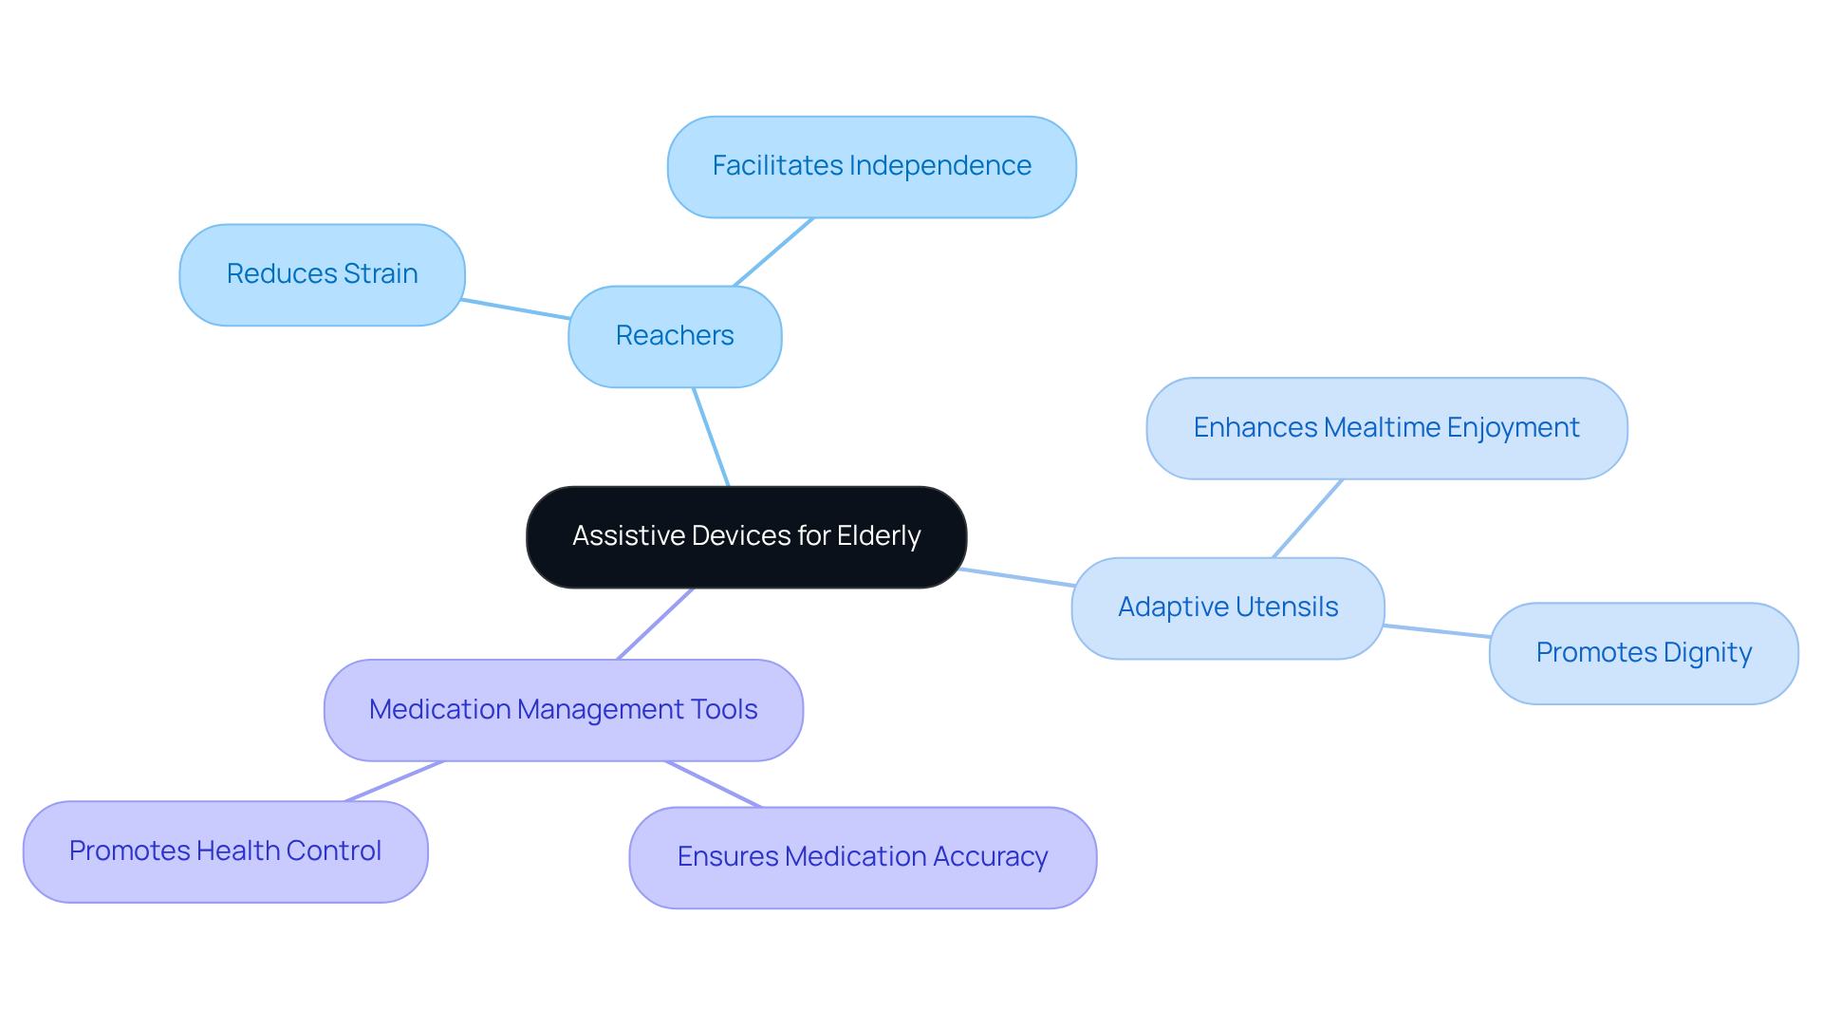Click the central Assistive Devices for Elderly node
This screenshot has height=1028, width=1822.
point(746,537)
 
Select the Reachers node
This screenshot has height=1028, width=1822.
point(675,336)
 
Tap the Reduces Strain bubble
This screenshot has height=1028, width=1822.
point(322,274)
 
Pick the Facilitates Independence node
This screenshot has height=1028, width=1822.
point(871,166)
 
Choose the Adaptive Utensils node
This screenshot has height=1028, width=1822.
point(1227,607)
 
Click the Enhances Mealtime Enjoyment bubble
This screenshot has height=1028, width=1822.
point(1385,428)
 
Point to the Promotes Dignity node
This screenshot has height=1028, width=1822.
point(1643,653)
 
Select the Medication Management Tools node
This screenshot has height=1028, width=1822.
point(563,710)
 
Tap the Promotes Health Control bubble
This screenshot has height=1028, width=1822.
point(225,851)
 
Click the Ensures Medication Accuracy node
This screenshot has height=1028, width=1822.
point(862,857)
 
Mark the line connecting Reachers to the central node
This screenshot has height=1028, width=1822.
point(711,437)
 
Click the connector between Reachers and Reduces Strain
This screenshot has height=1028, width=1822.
point(515,308)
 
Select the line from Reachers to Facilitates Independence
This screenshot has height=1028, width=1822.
point(773,252)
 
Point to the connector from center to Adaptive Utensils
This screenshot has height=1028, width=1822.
point(1016,577)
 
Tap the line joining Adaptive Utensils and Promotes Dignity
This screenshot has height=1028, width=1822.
point(1437,631)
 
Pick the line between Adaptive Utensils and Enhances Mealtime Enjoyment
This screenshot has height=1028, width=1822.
point(1308,518)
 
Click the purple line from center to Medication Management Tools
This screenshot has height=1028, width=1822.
point(656,624)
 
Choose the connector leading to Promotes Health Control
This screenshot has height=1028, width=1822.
point(395,781)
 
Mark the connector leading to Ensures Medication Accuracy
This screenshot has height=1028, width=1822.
point(714,784)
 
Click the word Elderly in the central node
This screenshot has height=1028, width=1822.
point(879,536)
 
